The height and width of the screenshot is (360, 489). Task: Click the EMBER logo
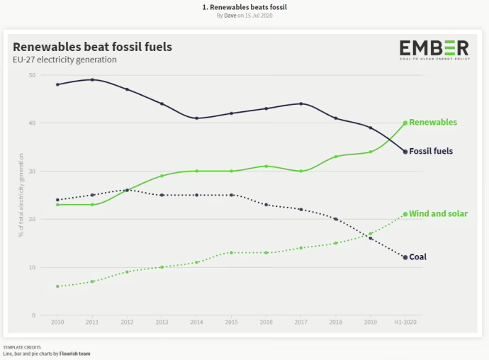tap(434, 50)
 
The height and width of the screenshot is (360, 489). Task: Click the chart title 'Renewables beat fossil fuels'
tap(92, 47)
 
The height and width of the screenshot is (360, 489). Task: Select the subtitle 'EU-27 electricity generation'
tap(64, 60)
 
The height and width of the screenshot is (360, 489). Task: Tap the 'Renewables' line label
tap(433, 122)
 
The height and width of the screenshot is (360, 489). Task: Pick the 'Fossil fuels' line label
tap(431, 151)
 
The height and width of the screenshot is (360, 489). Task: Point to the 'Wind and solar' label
tap(438, 213)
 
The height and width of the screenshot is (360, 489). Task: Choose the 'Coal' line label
tap(417, 257)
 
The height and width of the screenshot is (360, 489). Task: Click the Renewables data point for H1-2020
tap(405, 123)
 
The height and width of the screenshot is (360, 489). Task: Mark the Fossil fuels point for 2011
tap(92, 79)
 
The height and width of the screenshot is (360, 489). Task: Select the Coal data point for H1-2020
tap(405, 257)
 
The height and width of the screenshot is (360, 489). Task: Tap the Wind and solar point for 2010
tap(57, 286)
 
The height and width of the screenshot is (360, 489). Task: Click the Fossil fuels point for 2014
tap(196, 118)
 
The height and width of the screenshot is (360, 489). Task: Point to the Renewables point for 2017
tap(300, 171)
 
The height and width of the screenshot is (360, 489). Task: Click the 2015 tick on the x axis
tap(231, 322)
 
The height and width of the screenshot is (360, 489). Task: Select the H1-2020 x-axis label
tap(405, 322)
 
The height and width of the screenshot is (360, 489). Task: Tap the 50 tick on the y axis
tap(33, 74)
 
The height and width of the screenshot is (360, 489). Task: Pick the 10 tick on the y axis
tap(33, 267)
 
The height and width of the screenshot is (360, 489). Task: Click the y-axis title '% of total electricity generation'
tap(21, 195)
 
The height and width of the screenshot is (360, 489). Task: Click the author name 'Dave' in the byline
tap(229, 15)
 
